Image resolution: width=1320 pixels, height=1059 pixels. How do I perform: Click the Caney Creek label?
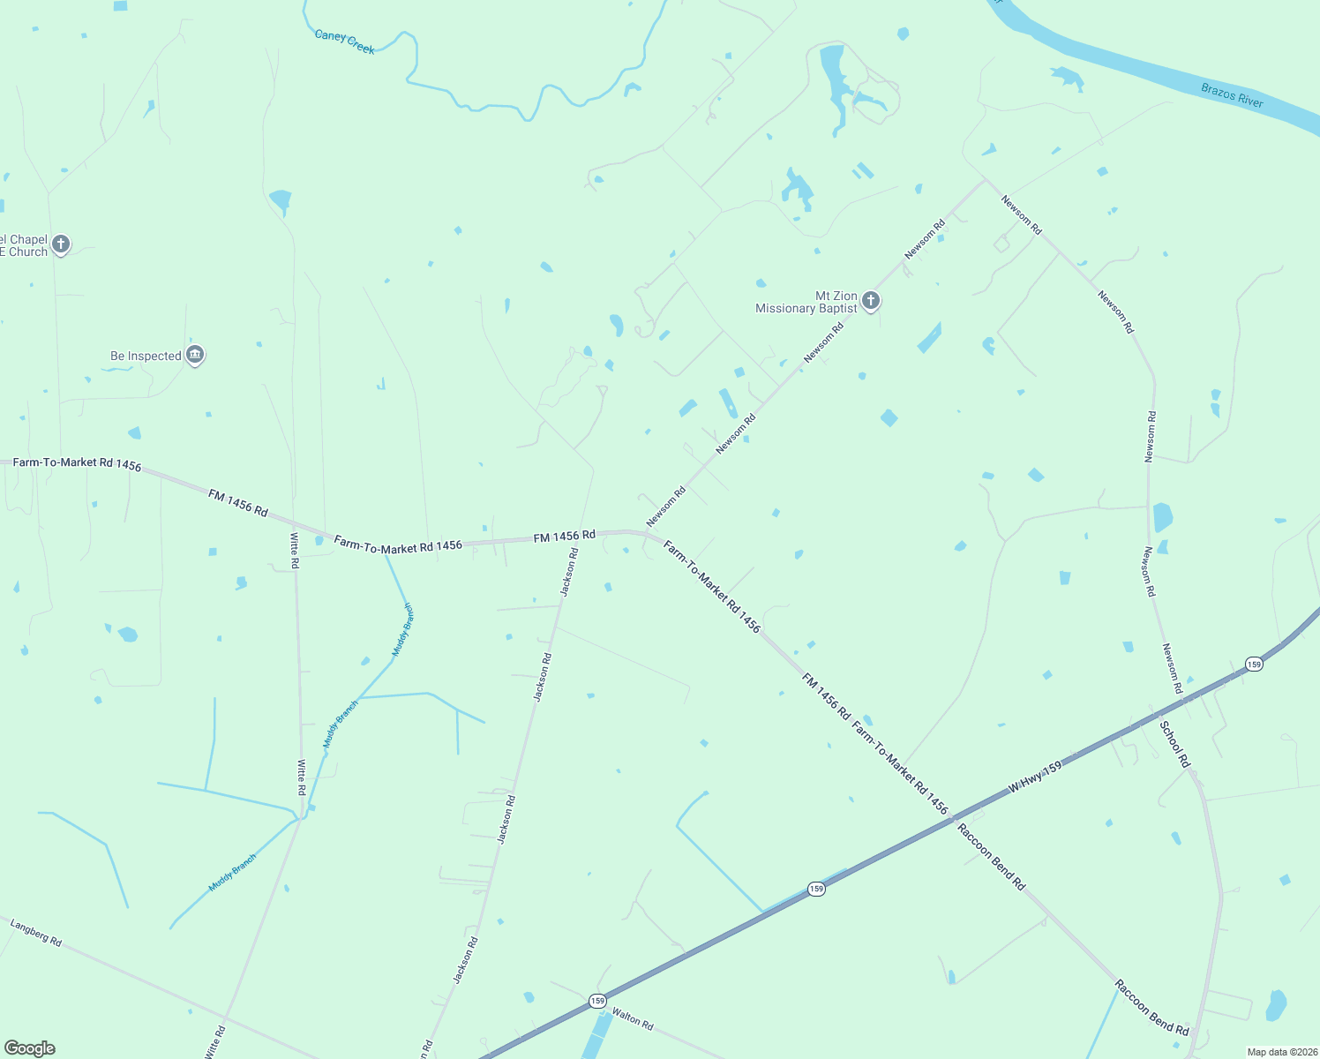pos(345,41)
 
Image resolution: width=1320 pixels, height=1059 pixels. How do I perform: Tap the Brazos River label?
pos(1232,95)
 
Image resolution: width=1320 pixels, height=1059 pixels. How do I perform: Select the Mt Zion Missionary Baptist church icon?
pos(871,301)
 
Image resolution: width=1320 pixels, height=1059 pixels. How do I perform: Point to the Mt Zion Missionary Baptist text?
pos(806,302)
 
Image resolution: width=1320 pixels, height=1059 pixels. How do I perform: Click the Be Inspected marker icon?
pos(196,355)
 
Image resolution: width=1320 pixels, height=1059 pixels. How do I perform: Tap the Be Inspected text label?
pos(146,357)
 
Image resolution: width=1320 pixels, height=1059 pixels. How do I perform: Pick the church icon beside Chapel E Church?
pos(61,244)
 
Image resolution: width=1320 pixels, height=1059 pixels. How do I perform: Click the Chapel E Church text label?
pos(24,245)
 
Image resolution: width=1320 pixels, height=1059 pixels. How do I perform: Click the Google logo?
pos(30,1048)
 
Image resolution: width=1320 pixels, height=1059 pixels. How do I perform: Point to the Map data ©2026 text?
pos(1280,1052)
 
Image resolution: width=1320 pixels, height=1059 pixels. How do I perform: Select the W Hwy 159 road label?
pos(1035,777)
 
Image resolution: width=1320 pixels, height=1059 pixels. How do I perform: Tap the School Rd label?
pos(1174,744)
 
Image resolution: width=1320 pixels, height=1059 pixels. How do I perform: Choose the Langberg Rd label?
pos(36,933)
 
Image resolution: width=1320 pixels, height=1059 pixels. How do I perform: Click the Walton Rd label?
pos(633,1019)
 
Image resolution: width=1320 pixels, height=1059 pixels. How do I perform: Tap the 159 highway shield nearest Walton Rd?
pos(597,1001)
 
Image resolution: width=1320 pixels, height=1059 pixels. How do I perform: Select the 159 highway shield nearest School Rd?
pos(1254,664)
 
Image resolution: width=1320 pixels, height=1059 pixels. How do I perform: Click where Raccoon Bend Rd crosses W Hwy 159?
pos(953,820)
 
